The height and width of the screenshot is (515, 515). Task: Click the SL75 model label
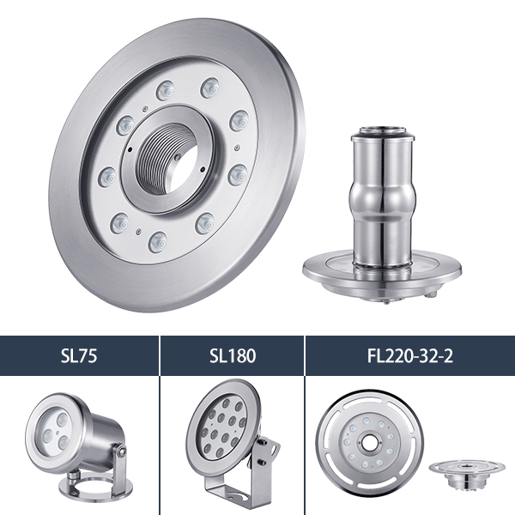[x=79, y=355]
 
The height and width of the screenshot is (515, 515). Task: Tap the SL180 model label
[x=233, y=355]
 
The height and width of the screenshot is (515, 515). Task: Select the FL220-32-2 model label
[x=410, y=355]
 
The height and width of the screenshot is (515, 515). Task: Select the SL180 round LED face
[x=222, y=427]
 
